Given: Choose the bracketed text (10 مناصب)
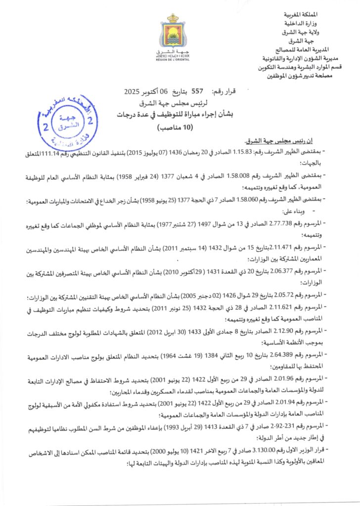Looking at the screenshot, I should tap(173, 127).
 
